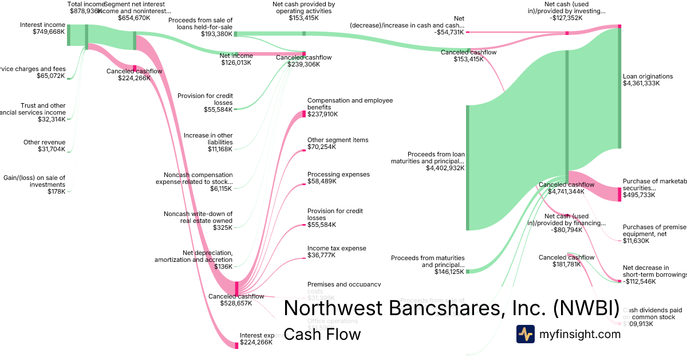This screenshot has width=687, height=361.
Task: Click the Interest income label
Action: (x=42, y=25)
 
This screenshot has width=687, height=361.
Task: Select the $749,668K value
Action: (x=49, y=32)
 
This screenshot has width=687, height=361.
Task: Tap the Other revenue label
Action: (x=44, y=142)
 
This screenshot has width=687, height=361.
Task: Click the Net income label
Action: (x=236, y=56)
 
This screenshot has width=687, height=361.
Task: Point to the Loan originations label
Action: (x=647, y=76)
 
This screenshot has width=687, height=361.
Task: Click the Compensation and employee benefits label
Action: (x=350, y=104)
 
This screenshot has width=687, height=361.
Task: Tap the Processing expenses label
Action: (x=338, y=174)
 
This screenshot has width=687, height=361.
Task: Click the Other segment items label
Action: (x=338, y=140)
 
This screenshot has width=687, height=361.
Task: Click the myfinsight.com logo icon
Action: (x=525, y=334)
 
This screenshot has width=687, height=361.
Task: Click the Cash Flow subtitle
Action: (x=322, y=334)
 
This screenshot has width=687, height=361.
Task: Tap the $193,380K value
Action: (x=216, y=34)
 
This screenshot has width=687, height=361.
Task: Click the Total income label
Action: (x=85, y=4)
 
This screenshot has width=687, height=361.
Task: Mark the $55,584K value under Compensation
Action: (x=323, y=225)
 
